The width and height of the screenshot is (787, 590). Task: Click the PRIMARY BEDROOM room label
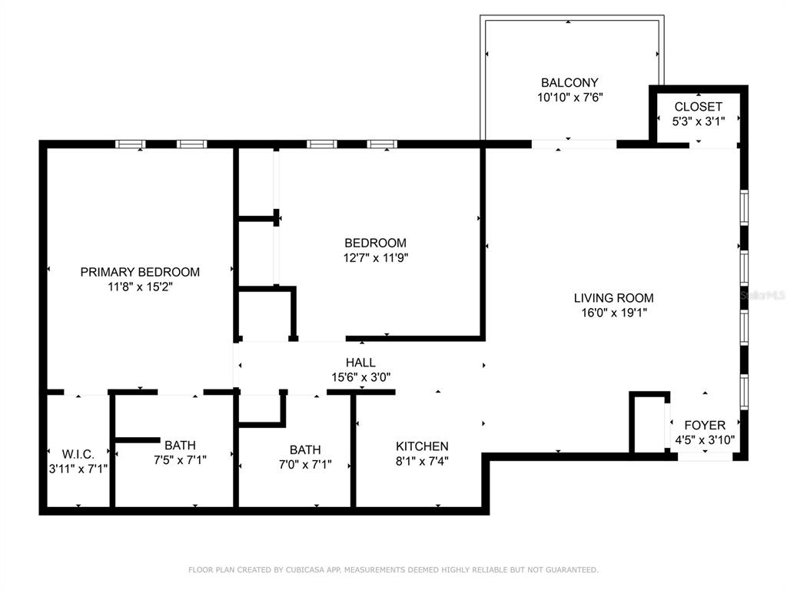click(x=140, y=272)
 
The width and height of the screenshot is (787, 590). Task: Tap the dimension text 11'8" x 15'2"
click(x=140, y=287)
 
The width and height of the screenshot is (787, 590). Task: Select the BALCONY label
click(x=569, y=83)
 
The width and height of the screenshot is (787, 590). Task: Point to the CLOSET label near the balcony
click(x=698, y=107)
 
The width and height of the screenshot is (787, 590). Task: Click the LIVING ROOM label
click(x=613, y=298)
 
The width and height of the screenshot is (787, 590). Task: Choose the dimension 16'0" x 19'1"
click(x=613, y=313)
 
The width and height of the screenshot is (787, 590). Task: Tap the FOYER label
click(x=704, y=426)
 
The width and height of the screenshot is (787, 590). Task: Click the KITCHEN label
click(x=422, y=446)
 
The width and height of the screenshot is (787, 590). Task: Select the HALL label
click(x=360, y=363)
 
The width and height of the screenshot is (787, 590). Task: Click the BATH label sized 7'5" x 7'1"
click(x=179, y=445)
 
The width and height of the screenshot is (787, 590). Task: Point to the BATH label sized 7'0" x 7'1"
click(x=305, y=450)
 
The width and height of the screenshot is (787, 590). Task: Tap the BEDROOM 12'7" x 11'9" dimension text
click(x=375, y=258)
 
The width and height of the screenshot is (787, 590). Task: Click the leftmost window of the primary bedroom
click(x=130, y=144)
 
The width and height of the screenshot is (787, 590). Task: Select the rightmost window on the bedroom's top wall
click(x=381, y=144)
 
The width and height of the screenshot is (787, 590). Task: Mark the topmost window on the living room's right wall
click(x=744, y=207)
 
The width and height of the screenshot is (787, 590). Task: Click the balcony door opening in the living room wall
click(x=573, y=144)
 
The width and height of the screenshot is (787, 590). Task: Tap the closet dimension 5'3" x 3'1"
click(x=698, y=121)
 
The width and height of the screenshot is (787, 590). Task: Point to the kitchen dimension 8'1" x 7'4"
click(x=422, y=461)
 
